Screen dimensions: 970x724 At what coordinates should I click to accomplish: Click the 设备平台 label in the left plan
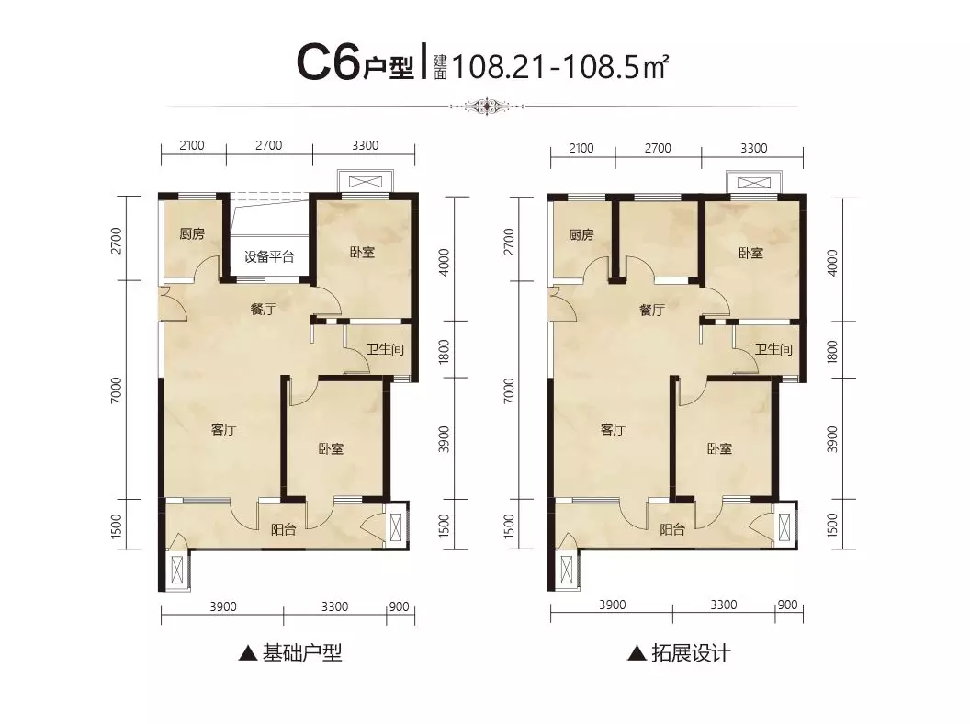point(269,257)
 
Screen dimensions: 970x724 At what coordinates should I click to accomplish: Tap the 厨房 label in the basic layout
point(192,234)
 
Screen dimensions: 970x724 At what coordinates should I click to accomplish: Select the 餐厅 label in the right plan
point(652,310)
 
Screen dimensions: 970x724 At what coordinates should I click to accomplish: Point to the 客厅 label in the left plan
point(224,429)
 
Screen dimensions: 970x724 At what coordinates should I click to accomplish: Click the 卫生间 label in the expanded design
point(773,349)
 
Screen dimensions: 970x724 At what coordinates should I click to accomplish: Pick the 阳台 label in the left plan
point(283,530)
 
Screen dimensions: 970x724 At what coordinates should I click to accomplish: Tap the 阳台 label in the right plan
point(671,530)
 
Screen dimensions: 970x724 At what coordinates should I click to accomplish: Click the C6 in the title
point(328,63)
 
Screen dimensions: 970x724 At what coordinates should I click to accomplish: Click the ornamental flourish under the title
point(488,107)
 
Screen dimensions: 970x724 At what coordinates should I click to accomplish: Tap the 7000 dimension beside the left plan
point(117,390)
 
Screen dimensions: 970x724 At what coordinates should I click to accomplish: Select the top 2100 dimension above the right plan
point(581,149)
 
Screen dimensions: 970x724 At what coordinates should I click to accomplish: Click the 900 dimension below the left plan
point(399,606)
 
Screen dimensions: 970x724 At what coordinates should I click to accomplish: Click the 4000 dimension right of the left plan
point(444,263)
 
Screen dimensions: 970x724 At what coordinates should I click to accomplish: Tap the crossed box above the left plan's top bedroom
point(366,182)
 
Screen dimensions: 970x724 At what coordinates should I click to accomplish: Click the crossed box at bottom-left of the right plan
point(568,571)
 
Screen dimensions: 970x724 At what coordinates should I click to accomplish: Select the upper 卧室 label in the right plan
point(751,253)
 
